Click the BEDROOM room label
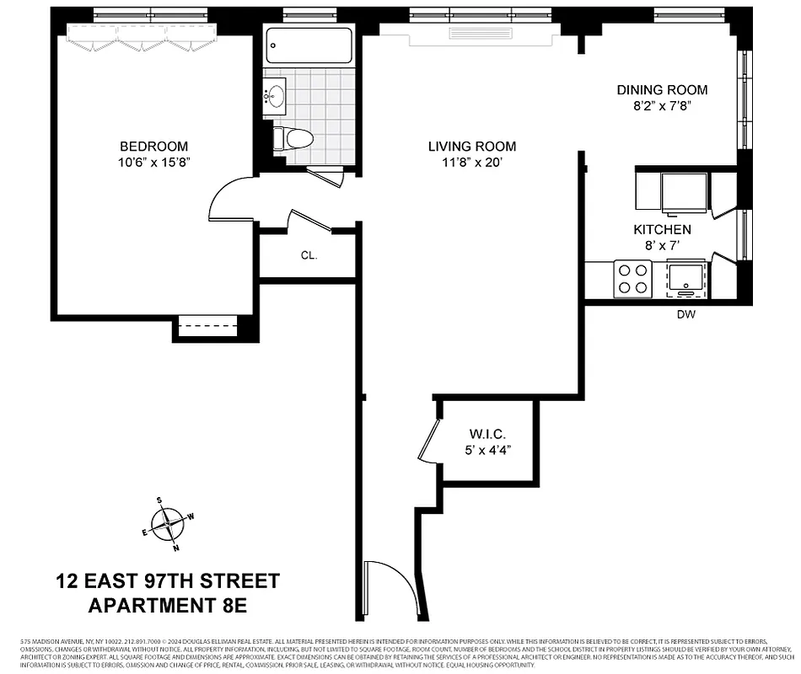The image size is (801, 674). (x=153, y=147)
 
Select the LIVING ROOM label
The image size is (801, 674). (x=472, y=147)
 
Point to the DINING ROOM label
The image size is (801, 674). (x=662, y=90)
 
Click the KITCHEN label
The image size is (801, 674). (x=662, y=229)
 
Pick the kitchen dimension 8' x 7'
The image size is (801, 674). (x=662, y=245)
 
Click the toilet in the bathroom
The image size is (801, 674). (x=296, y=138)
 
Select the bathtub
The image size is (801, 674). (x=309, y=46)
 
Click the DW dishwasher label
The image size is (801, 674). (x=686, y=314)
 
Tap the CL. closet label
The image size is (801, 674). (x=309, y=254)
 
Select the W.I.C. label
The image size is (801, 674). (x=487, y=435)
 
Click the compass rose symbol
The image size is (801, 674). (x=168, y=523)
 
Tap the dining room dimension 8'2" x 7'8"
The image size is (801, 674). (x=662, y=106)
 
